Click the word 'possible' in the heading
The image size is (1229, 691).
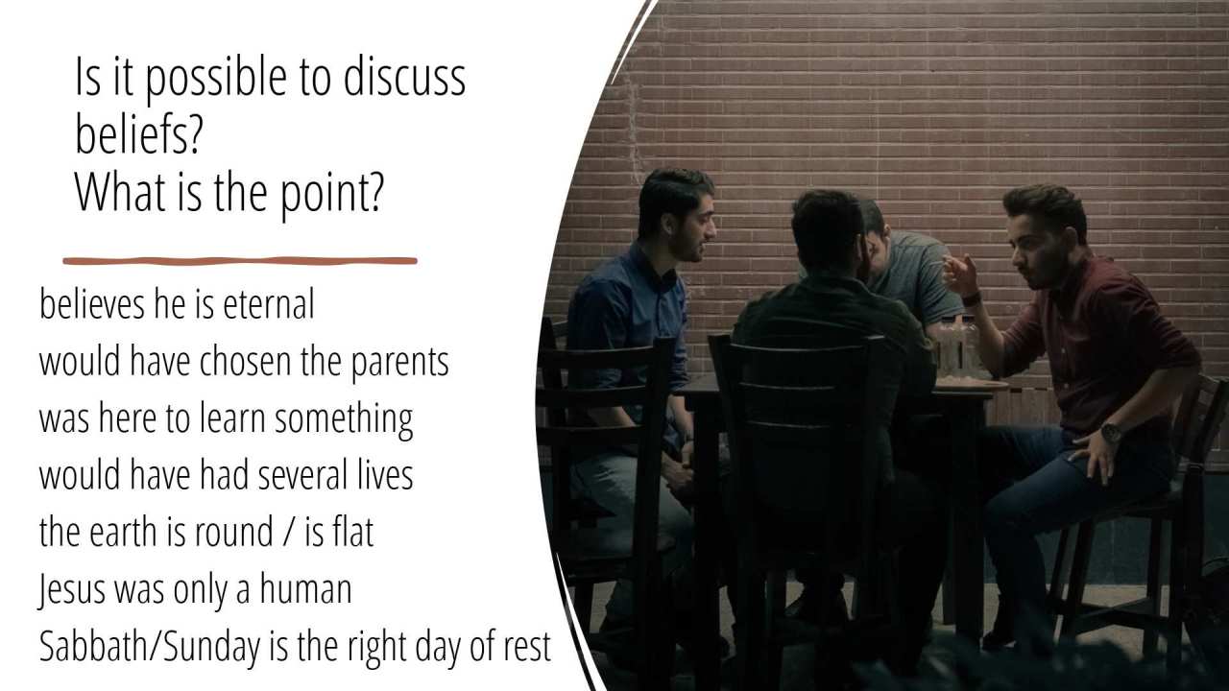[216, 80]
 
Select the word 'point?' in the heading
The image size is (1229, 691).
[331, 195]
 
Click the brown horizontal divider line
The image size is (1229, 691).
[240, 261]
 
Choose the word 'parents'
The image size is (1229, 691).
[400, 364]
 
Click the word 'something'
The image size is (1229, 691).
[344, 420]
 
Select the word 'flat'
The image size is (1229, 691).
[352, 531]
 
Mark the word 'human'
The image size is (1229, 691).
[305, 588]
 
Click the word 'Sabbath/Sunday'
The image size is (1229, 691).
[149, 648]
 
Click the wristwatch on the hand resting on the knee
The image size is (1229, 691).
[1112, 433]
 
